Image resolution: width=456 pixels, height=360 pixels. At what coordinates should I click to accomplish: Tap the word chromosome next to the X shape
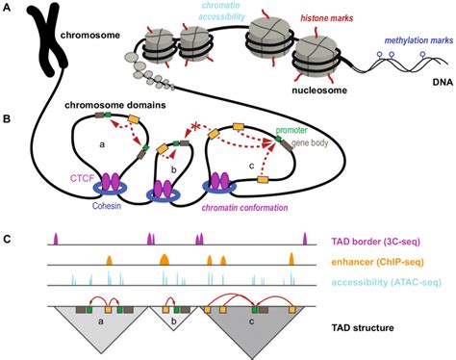[x=90, y=35]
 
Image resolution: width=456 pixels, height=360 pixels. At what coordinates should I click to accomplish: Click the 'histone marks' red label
[x=327, y=18]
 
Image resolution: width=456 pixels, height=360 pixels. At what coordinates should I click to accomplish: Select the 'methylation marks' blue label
[x=418, y=40]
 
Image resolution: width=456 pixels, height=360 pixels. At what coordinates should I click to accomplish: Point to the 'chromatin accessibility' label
[x=221, y=11]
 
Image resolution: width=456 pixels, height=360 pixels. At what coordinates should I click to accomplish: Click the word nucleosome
[x=319, y=90]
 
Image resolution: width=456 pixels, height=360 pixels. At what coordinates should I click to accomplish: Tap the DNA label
[x=443, y=82]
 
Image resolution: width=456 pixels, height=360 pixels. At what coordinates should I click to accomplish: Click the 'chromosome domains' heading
[x=115, y=105]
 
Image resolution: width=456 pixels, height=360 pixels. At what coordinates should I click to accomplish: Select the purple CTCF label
[x=82, y=178]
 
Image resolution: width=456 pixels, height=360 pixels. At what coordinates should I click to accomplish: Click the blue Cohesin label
[x=107, y=206]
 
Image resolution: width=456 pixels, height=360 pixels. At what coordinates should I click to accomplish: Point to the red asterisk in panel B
[x=195, y=126]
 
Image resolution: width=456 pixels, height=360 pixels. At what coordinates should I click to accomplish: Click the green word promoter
[x=291, y=130]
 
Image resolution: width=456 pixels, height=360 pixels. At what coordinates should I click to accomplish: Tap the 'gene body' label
[x=310, y=142]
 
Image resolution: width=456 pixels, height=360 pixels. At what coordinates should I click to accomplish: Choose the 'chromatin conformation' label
[x=244, y=208]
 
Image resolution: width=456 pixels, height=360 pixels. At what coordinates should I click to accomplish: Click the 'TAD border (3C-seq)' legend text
[x=375, y=242]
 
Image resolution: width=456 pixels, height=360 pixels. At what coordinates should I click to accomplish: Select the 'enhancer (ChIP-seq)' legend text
[x=377, y=262]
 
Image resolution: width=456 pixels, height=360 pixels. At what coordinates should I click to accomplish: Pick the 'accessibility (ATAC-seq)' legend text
[x=387, y=282]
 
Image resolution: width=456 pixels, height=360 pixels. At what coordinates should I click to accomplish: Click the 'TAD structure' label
[x=363, y=328]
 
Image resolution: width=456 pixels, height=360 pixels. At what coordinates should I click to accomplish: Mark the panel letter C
[x=7, y=240]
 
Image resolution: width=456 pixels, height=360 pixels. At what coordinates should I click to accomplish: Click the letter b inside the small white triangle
[x=174, y=321]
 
